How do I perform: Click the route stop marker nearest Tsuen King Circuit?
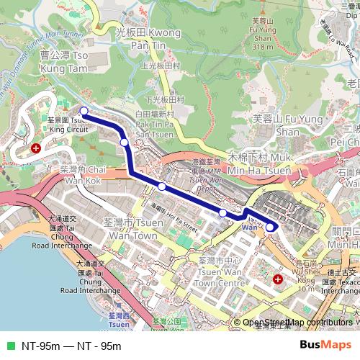[84, 111]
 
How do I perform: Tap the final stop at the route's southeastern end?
[270, 227]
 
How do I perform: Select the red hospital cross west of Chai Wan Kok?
[35, 148]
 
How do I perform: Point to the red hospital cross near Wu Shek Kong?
[278, 278]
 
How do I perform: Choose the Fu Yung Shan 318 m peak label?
[264, 34]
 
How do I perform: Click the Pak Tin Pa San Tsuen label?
[154, 124]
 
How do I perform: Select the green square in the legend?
[10, 346]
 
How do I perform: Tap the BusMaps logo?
[325, 345]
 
